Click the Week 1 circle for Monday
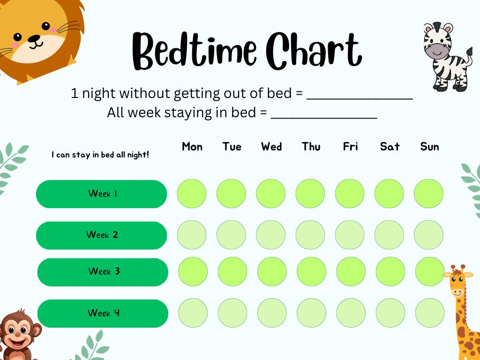click(x=192, y=194)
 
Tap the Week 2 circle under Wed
click(x=270, y=235)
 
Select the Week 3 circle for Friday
click(x=351, y=271)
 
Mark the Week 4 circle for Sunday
click(x=430, y=313)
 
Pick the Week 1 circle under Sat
click(x=389, y=194)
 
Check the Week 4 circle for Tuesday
click(x=232, y=313)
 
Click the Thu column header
click(x=311, y=147)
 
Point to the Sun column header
click(x=429, y=147)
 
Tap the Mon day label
click(x=192, y=147)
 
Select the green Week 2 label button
click(x=101, y=235)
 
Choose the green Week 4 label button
click(x=103, y=313)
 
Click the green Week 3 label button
click(x=103, y=272)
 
